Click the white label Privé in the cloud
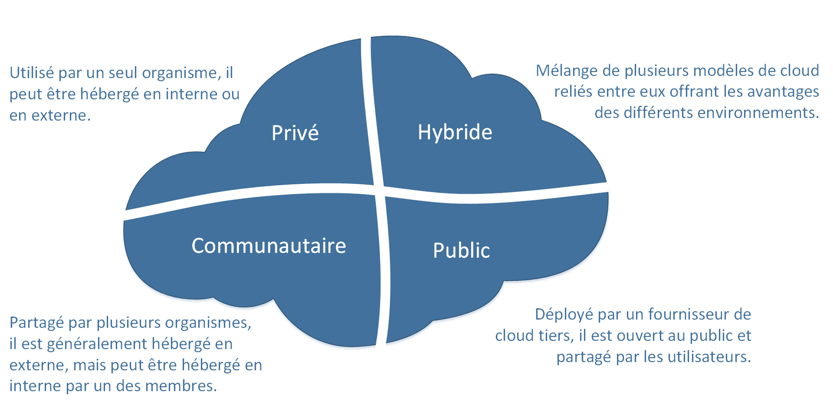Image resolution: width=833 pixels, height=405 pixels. (295, 133)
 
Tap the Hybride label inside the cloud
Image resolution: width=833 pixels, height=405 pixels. (455, 132)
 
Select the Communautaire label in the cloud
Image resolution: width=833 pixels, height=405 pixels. (269, 246)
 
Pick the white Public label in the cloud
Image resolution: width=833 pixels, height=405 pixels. (461, 250)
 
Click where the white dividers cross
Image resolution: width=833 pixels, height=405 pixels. (380, 189)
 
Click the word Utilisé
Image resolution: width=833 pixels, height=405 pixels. (32, 72)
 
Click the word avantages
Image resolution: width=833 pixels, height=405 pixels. (782, 92)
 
